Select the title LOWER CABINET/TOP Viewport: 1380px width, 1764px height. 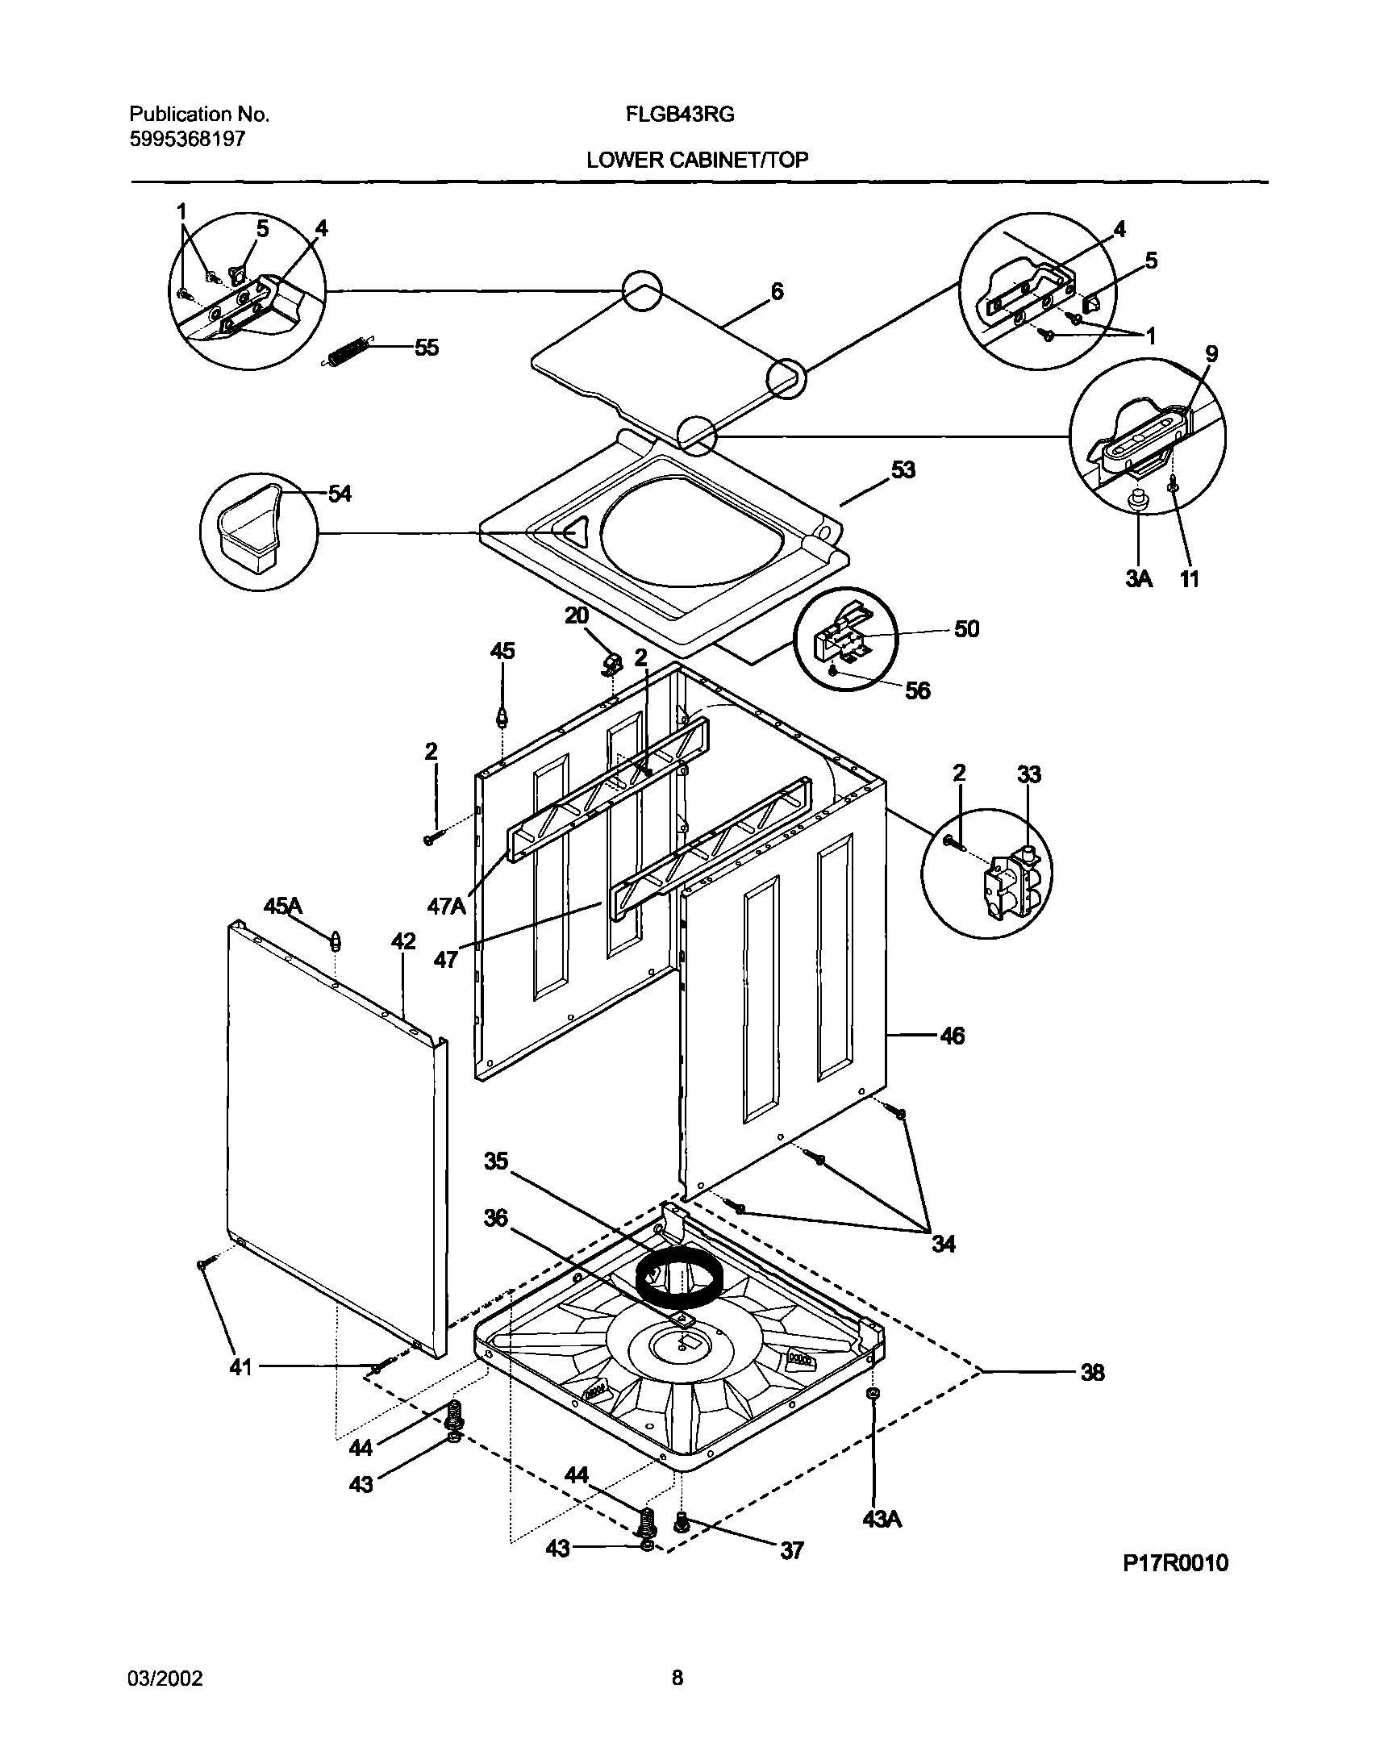pos(697,160)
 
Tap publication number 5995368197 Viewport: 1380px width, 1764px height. pos(187,139)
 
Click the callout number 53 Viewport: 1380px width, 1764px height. pos(903,469)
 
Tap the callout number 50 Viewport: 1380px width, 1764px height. pos(966,628)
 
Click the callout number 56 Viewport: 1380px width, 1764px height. pos(918,690)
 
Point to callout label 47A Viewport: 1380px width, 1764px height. pos(446,907)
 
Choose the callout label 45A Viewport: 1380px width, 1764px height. pos(283,907)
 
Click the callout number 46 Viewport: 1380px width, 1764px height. pos(953,1036)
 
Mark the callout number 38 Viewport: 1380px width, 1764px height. pos(1092,1373)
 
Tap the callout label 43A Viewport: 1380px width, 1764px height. pos(882,1519)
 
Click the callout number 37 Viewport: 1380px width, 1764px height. pos(792,1551)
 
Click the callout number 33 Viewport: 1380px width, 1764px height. pos(1028,775)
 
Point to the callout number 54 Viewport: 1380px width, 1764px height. pos(340,494)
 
